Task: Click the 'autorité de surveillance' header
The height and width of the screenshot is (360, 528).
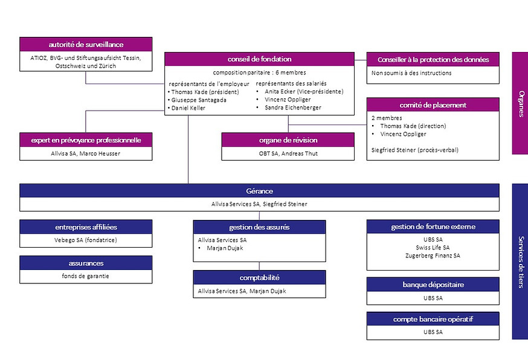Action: pyautogui.click(x=86, y=45)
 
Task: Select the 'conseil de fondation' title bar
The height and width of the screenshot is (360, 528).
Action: pyautogui.click(x=259, y=59)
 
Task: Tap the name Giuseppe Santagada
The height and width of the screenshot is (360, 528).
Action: pyautogui.click(x=199, y=100)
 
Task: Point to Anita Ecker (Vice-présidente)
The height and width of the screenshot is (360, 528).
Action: pyautogui.click(x=304, y=91)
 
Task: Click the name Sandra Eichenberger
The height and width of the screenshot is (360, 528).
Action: pyautogui.click(x=293, y=108)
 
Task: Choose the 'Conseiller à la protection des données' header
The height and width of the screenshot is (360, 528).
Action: pyautogui.click(x=433, y=60)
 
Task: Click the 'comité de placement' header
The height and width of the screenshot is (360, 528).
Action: pyautogui.click(x=433, y=105)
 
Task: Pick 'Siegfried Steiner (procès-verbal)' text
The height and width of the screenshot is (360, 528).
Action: pyautogui.click(x=415, y=150)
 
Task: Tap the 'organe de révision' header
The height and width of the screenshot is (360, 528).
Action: pyautogui.click(x=288, y=140)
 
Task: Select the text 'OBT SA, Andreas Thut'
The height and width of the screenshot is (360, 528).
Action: pyautogui.click(x=288, y=153)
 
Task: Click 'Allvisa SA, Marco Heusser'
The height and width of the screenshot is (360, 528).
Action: pyautogui.click(x=86, y=153)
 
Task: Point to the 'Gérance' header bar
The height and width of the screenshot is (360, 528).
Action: pyautogui.click(x=259, y=191)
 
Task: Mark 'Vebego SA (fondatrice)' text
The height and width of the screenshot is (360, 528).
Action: pyautogui.click(x=86, y=240)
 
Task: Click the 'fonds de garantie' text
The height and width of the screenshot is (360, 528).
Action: pyautogui.click(x=86, y=276)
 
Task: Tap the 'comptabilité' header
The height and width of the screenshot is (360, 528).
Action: pyautogui.click(x=259, y=277)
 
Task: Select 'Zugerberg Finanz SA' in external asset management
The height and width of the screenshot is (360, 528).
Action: pyautogui.click(x=433, y=256)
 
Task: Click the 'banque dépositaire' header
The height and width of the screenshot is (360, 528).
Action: pyautogui.click(x=433, y=284)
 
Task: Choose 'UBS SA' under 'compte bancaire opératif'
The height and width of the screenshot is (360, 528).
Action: pyautogui.click(x=433, y=332)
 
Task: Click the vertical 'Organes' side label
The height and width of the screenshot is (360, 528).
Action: pyautogui.click(x=521, y=104)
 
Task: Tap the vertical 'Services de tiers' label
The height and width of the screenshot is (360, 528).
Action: pyautogui.click(x=521, y=262)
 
